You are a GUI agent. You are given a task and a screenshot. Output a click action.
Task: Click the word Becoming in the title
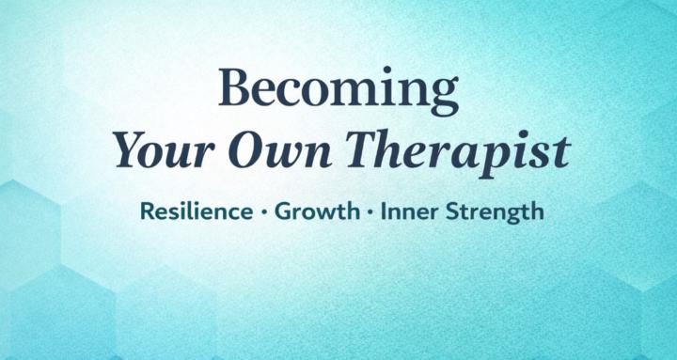[x=338, y=91]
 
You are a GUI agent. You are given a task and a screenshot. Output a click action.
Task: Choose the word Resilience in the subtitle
[x=193, y=211]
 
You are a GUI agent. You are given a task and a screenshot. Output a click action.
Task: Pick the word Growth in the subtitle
[x=317, y=211]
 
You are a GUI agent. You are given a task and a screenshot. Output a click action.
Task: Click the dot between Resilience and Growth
[x=263, y=212]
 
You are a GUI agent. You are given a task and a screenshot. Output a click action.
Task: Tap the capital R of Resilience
[x=145, y=211]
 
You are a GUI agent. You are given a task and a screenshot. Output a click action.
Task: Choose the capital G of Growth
[x=283, y=211]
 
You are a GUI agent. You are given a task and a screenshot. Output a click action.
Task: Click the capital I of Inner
[x=385, y=211]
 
